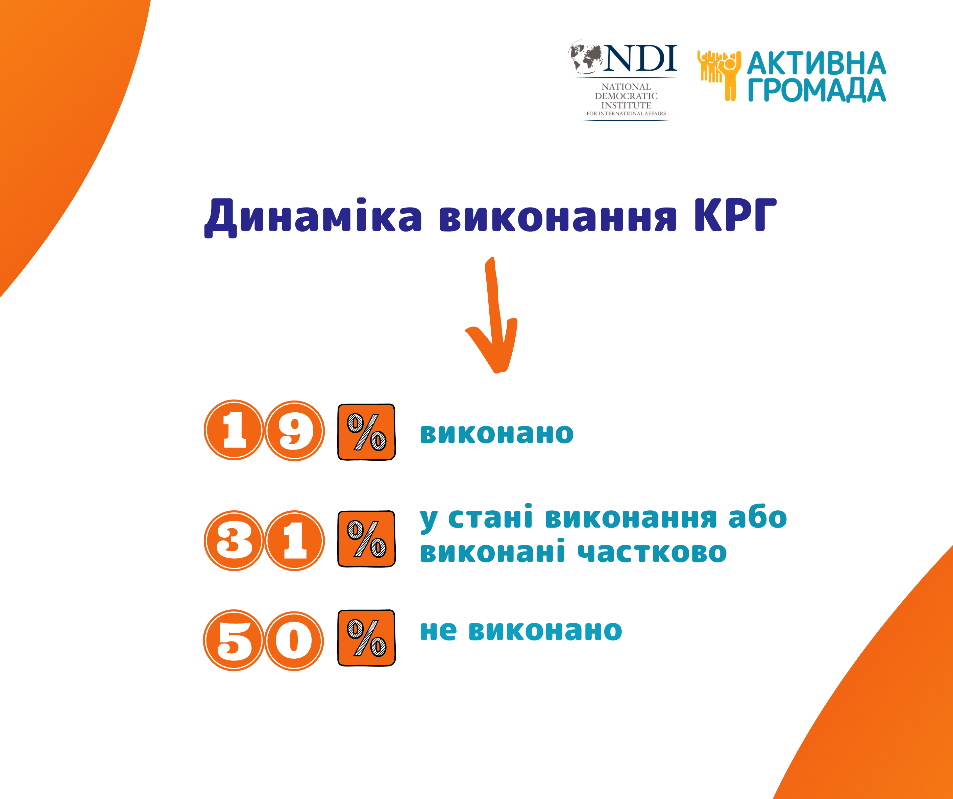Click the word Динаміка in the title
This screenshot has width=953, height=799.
313,217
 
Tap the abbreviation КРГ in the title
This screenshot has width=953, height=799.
735,215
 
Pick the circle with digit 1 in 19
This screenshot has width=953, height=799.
234,430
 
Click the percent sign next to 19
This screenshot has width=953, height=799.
367,432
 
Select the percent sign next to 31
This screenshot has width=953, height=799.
367,539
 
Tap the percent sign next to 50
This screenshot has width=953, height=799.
367,638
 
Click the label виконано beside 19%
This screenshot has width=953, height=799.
497,434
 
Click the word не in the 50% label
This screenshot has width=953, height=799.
438,631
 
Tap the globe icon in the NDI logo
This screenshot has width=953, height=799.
586,57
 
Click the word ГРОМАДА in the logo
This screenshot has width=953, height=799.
817,90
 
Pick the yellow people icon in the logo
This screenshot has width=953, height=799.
719,75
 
